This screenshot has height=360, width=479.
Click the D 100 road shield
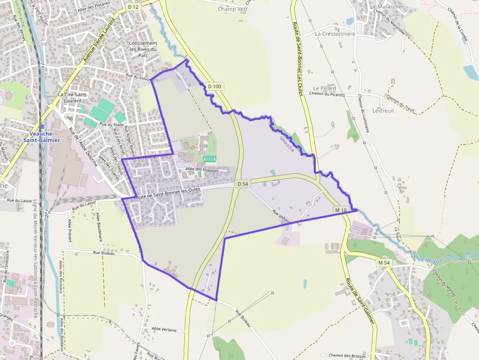tap(215, 86)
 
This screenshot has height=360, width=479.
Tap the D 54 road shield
tap(242, 184)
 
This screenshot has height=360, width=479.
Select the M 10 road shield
tap(341, 210)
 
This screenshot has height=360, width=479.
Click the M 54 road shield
tap(384, 263)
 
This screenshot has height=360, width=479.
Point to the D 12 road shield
tap(133, 6)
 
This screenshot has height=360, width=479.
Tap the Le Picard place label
tap(325, 88)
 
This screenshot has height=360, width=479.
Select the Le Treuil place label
tap(383, 111)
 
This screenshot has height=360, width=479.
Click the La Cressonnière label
tap(335, 34)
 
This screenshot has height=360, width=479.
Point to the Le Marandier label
tap(387, 7)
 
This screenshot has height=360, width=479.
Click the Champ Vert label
tap(233, 9)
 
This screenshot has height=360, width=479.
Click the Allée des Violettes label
tap(201, 169)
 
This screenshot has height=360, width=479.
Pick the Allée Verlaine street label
tap(164, 330)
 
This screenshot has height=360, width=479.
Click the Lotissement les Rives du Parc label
tap(143, 49)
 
